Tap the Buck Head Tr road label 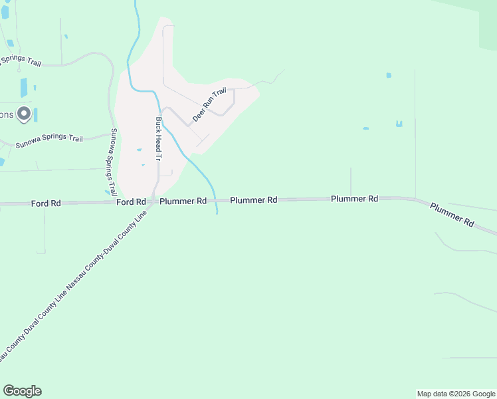159,140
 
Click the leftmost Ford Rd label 46,203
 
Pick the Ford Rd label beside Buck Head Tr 131,201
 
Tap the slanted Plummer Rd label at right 451,215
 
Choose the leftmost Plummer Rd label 183,201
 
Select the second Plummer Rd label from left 254,199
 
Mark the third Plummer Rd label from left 354,199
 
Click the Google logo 22,391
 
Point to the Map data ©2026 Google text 456,394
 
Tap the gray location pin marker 24,114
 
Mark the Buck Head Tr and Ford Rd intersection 155,201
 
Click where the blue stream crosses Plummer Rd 216,199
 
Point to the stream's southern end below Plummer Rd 217,213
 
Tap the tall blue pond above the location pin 24,88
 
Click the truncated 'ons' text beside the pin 6,114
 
